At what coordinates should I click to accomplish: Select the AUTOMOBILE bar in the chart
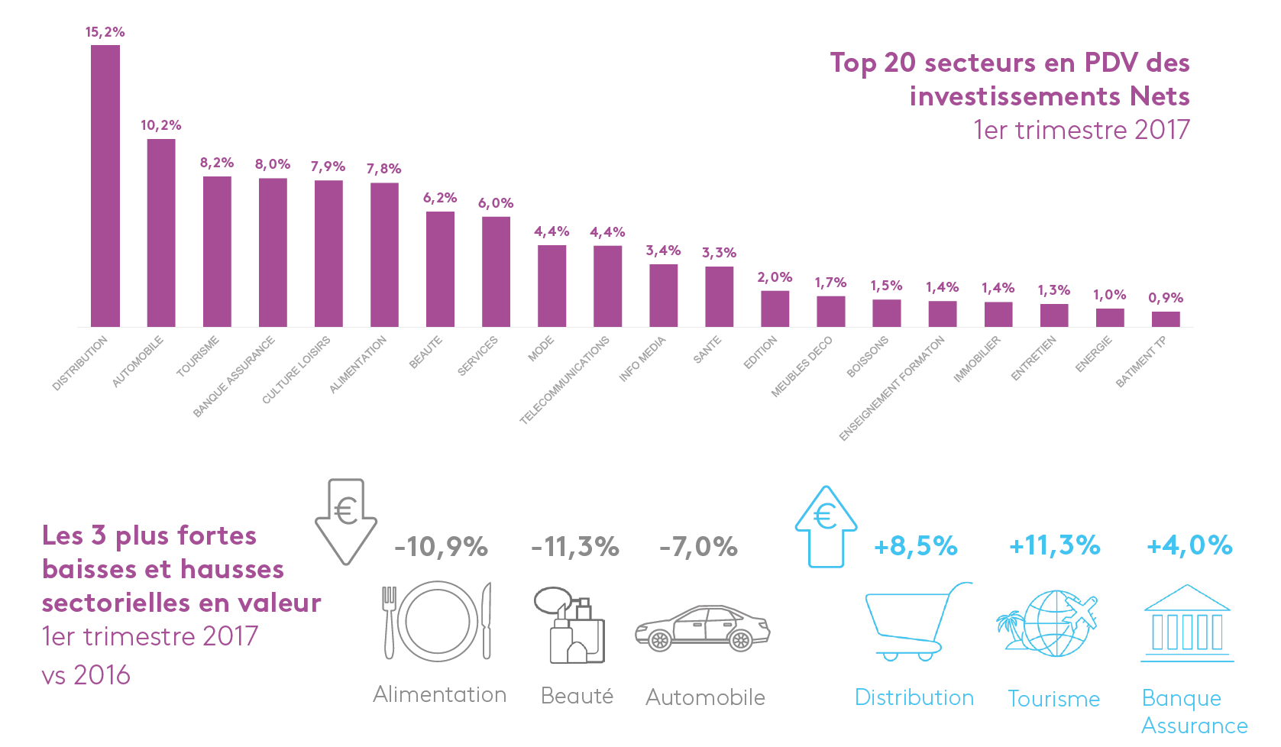pyautogui.click(x=161, y=233)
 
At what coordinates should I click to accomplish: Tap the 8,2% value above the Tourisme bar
pyautogui.click(x=217, y=163)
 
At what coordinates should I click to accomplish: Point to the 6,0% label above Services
pyautogui.click(x=496, y=203)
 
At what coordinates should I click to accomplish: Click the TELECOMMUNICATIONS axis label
pyautogui.click(x=564, y=380)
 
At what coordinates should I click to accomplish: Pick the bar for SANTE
pyautogui.click(x=719, y=296)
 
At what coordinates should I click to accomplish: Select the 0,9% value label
pyautogui.click(x=1166, y=298)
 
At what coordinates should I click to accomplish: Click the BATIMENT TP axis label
pyautogui.click(x=1141, y=362)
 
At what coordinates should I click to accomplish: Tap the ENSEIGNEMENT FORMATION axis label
pyautogui.click(x=892, y=388)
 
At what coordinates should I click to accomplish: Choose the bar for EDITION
pyautogui.click(x=775, y=309)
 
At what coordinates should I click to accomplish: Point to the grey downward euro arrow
pyautogui.click(x=346, y=522)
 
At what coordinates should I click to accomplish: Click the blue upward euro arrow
pyautogui.click(x=826, y=526)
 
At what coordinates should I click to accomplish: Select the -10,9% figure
pyautogui.click(x=442, y=547)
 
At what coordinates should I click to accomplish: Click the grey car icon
pyautogui.click(x=703, y=628)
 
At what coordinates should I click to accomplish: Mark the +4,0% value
pyautogui.click(x=1189, y=545)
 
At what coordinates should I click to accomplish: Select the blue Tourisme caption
pyautogui.click(x=1054, y=699)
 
